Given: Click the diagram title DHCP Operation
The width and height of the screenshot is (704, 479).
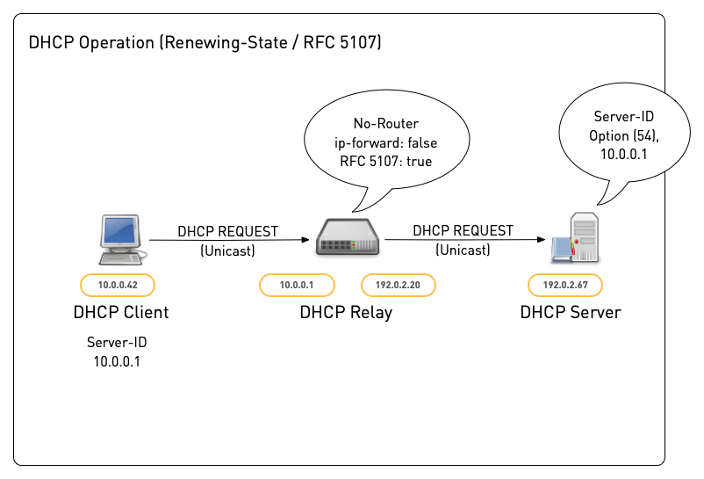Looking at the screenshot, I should click(x=205, y=42).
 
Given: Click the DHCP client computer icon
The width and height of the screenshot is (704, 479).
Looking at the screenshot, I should click(x=120, y=240).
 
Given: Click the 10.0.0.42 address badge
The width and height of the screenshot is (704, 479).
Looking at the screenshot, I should click(x=117, y=284).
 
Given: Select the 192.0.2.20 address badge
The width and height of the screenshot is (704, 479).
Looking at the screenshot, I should click(x=399, y=285).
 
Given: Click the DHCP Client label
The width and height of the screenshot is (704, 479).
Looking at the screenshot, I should click(x=121, y=312).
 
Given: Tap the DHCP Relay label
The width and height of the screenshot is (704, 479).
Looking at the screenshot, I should click(x=346, y=312).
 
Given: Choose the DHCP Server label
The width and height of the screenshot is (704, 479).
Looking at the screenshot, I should click(x=571, y=312).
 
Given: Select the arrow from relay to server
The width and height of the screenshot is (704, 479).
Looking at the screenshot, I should click(x=462, y=240).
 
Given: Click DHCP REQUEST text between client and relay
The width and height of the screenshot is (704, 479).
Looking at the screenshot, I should click(x=227, y=232).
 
